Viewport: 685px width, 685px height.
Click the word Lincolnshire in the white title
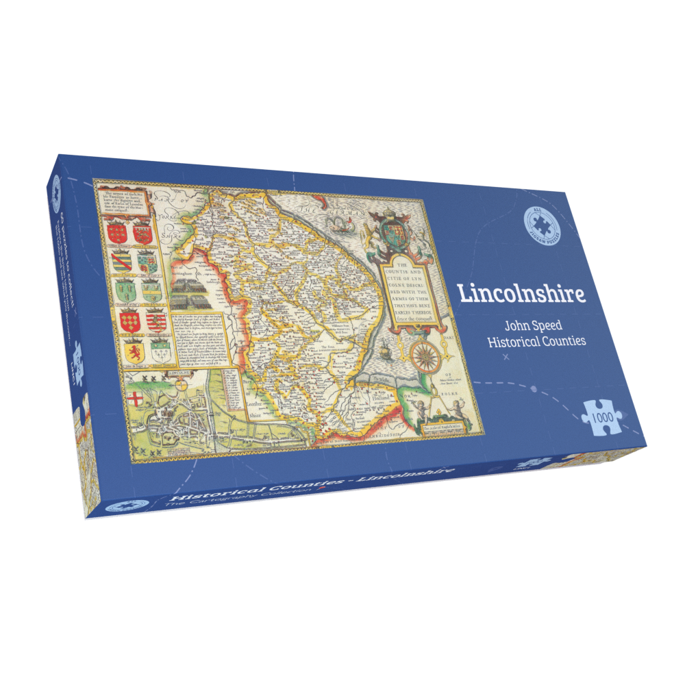522,292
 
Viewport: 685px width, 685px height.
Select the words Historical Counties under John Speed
536,340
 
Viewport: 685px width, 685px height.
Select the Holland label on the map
382,397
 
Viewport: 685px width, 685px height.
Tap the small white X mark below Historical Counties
506,358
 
